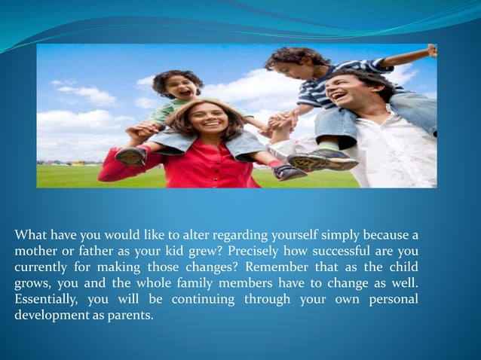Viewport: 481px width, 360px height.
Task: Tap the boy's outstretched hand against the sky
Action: click(x=431, y=51)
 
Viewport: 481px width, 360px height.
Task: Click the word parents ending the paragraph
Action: click(x=131, y=315)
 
